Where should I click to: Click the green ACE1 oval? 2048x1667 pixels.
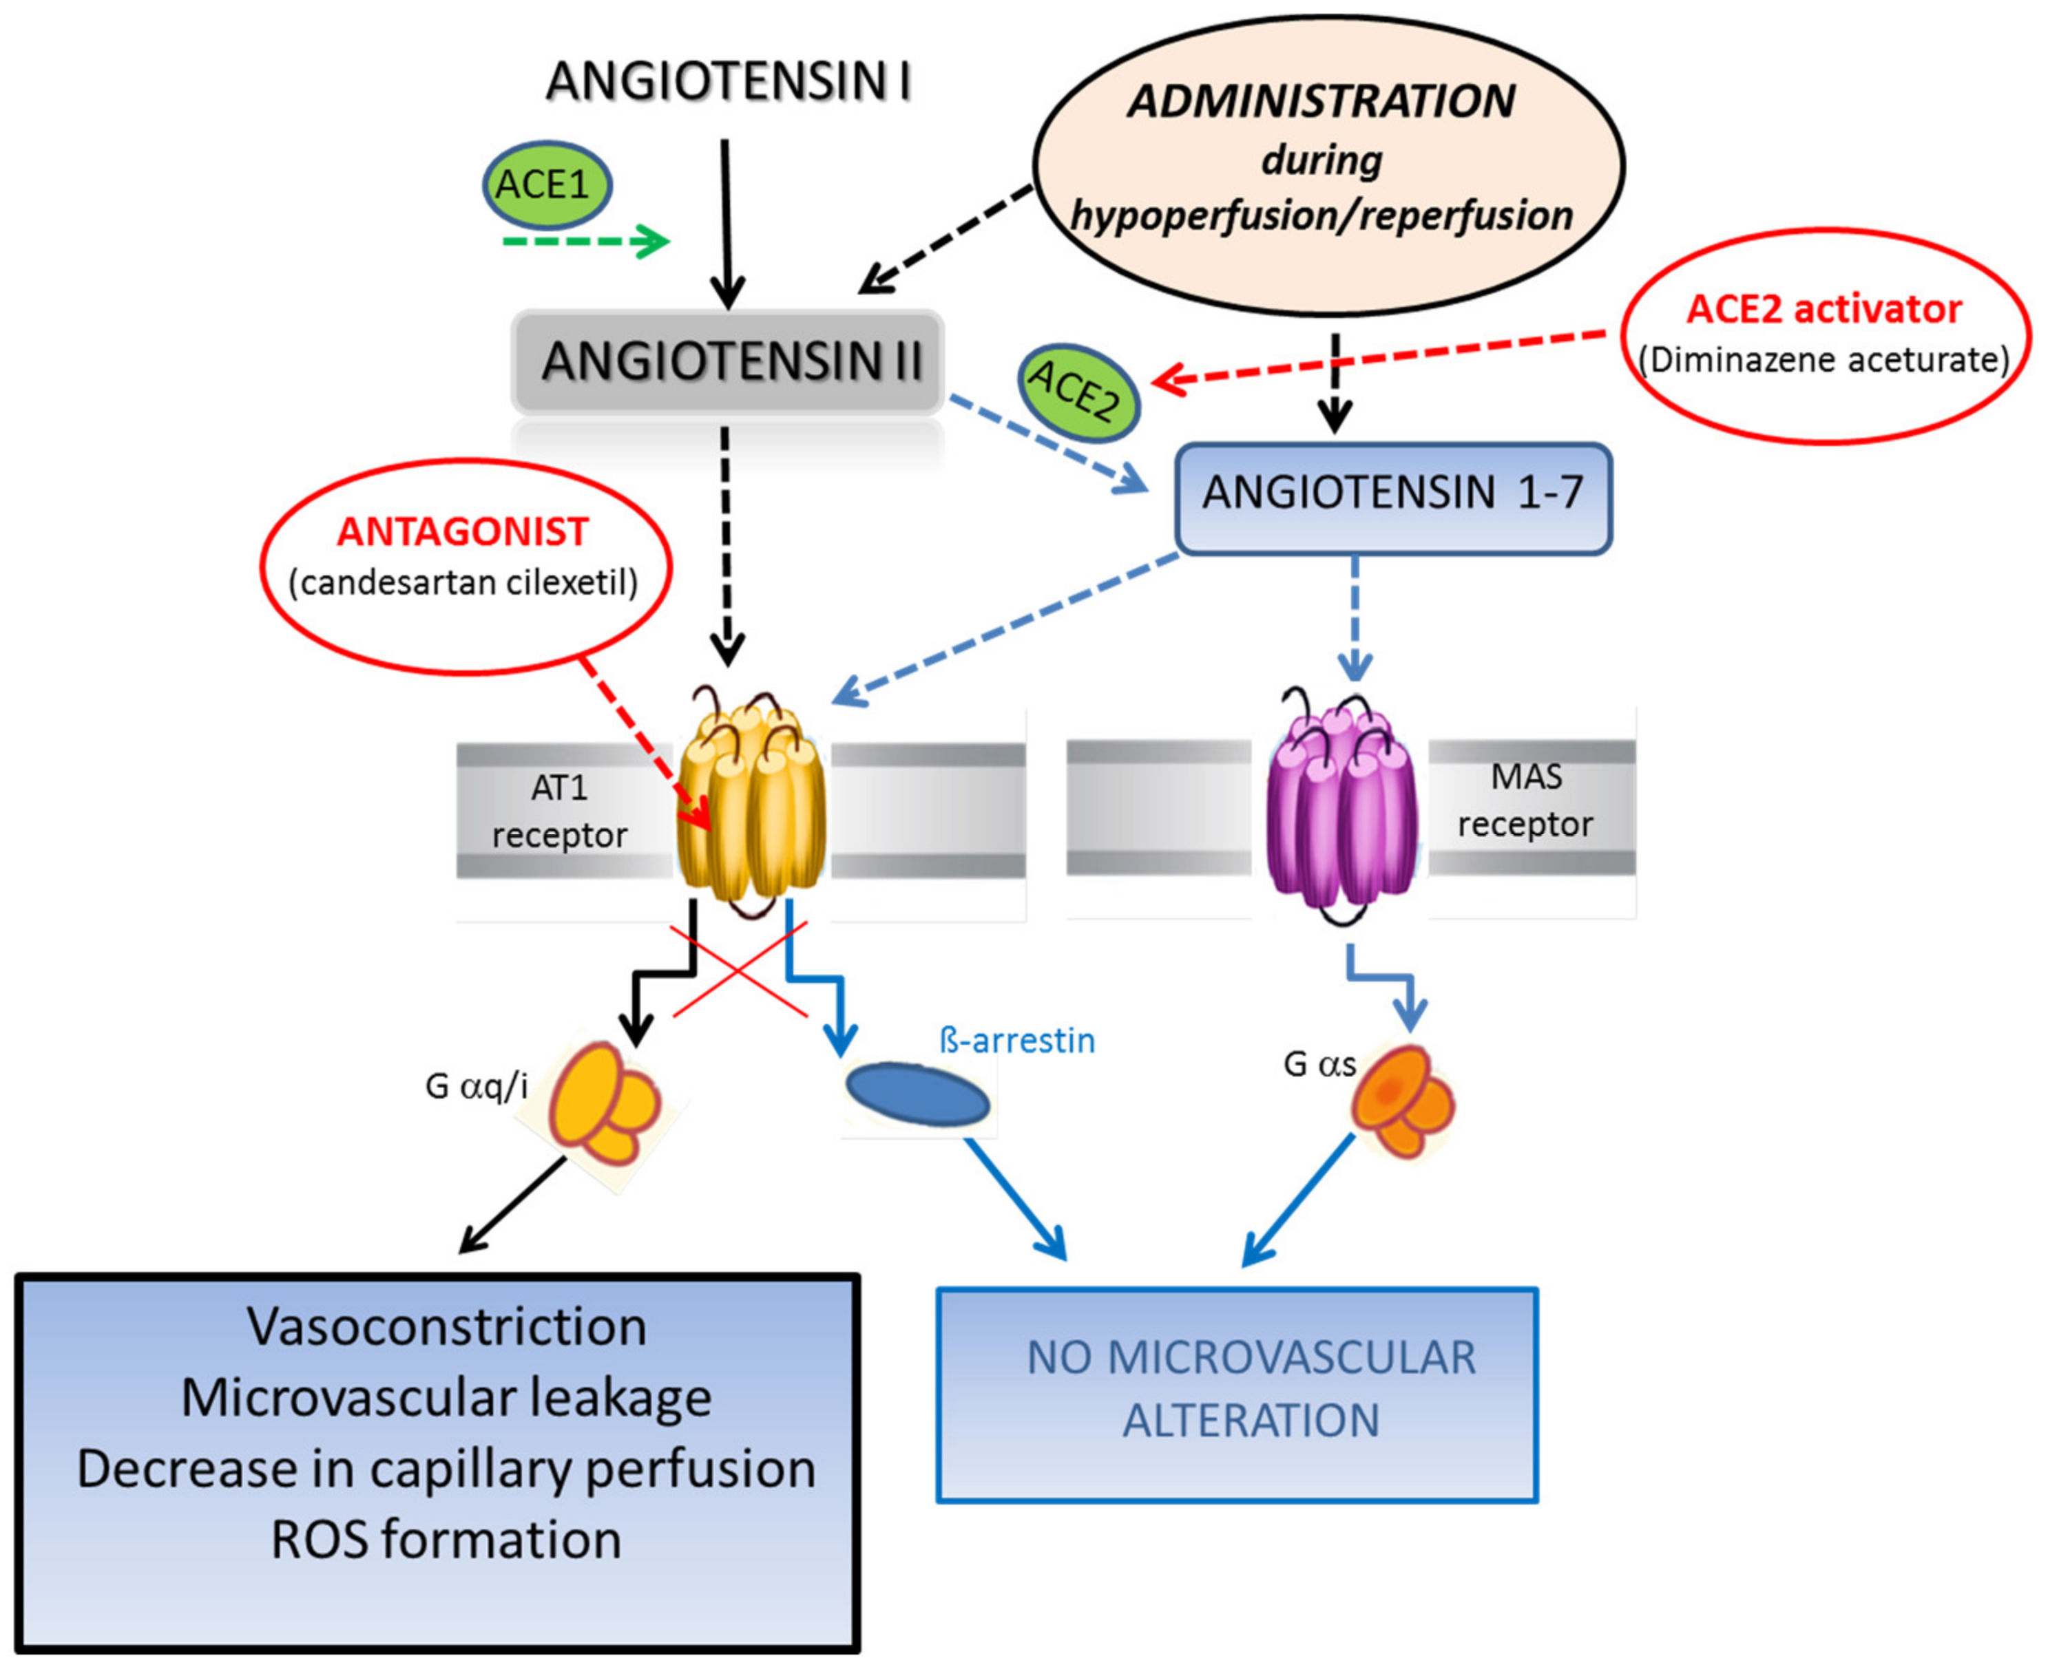click(x=547, y=184)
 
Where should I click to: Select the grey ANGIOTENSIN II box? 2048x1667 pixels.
click(x=728, y=362)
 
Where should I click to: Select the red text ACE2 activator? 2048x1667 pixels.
click(x=1824, y=309)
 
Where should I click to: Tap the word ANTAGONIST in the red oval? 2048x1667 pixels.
click(x=462, y=531)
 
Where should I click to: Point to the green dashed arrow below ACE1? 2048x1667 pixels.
click(x=586, y=241)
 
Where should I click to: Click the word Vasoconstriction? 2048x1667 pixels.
click(x=447, y=1327)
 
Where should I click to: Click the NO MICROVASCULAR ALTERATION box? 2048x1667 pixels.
click(x=1237, y=1394)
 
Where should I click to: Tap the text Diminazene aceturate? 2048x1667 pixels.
click(x=1824, y=360)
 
